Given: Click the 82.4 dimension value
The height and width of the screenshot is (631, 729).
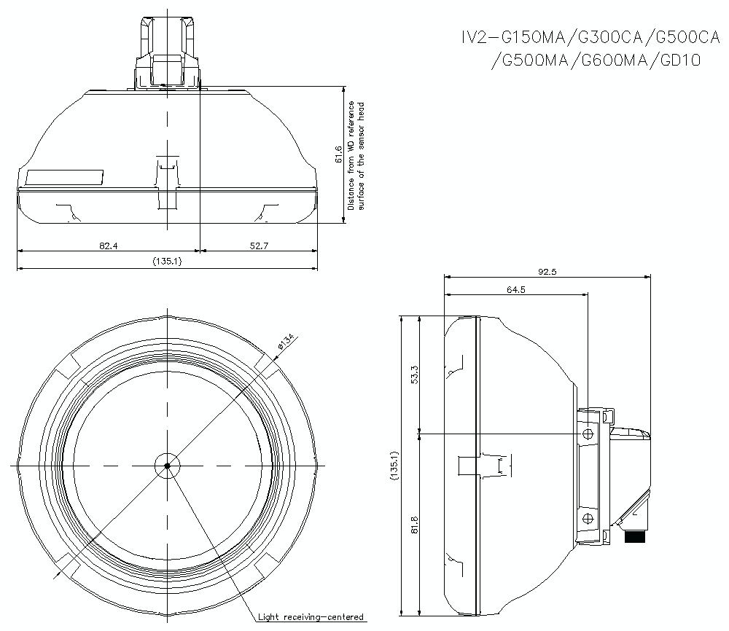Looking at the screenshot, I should click(x=108, y=246).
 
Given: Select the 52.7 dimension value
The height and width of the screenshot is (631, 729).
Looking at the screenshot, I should click(x=260, y=246).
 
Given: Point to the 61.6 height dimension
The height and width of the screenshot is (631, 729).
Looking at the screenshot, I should click(x=338, y=155).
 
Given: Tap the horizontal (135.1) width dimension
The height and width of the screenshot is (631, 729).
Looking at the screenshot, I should click(x=167, y=262).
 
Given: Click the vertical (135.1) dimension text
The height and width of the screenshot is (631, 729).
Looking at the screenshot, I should click(x=394, y=465).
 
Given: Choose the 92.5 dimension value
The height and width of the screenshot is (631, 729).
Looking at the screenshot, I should click(x=547, y=272).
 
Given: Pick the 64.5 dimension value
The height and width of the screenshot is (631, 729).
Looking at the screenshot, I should click(x=516, y=289).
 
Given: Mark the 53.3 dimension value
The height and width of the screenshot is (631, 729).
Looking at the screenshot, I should click(x=414, y=375).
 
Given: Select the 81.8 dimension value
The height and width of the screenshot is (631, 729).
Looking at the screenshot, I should click(x=414, y=525).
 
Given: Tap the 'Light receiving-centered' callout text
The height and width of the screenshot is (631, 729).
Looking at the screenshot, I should click(x=311, y=617).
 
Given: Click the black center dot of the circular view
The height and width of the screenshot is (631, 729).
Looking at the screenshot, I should click(x=167, y=465).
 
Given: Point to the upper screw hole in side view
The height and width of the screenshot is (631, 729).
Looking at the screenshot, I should click(x=588, y=434).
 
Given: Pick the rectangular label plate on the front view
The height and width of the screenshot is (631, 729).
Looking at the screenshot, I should click(x=65, y=177).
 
